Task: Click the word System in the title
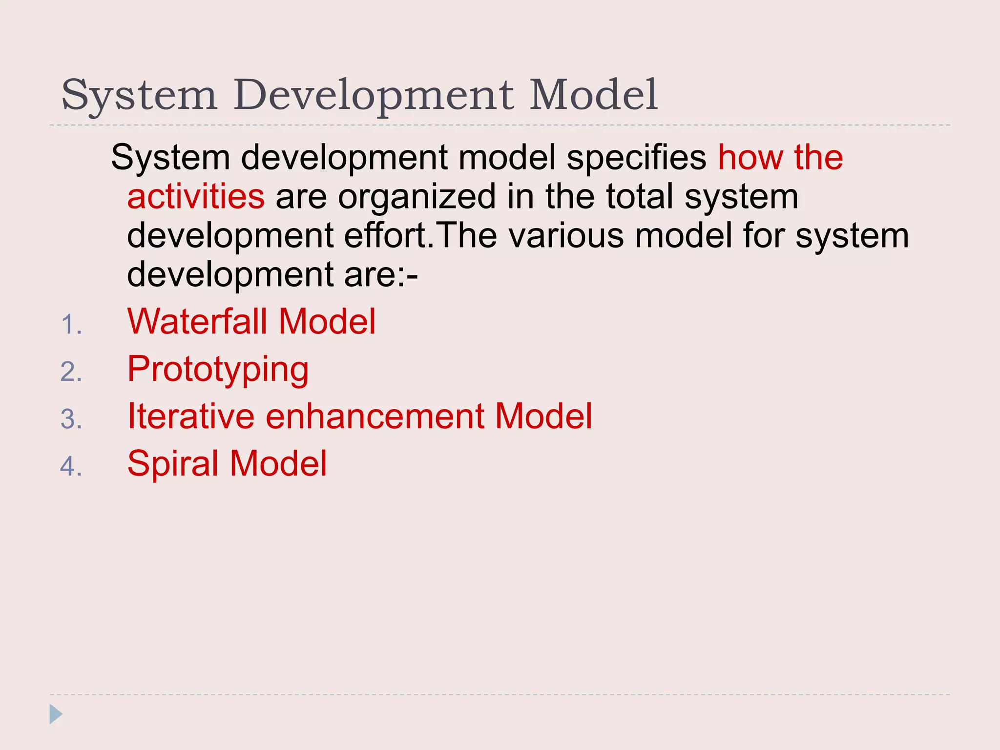pyautogui.click(x=139, y=95)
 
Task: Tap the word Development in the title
pyautogui.click(x=374, y=95)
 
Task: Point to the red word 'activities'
pyautogui.click(x=196, y=196)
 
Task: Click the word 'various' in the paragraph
pyautogui.click(x=566, y=235)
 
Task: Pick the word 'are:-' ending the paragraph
pyautogui.click(x=381, y=274)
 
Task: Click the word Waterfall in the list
pyautogui.click(x=197, y=322)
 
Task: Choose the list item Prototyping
pyautogui.click(x=218, y=370)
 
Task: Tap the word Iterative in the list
pyautogui.click(x=190, y=417)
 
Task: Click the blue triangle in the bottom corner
pyautogui.click(x=55, y=714)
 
